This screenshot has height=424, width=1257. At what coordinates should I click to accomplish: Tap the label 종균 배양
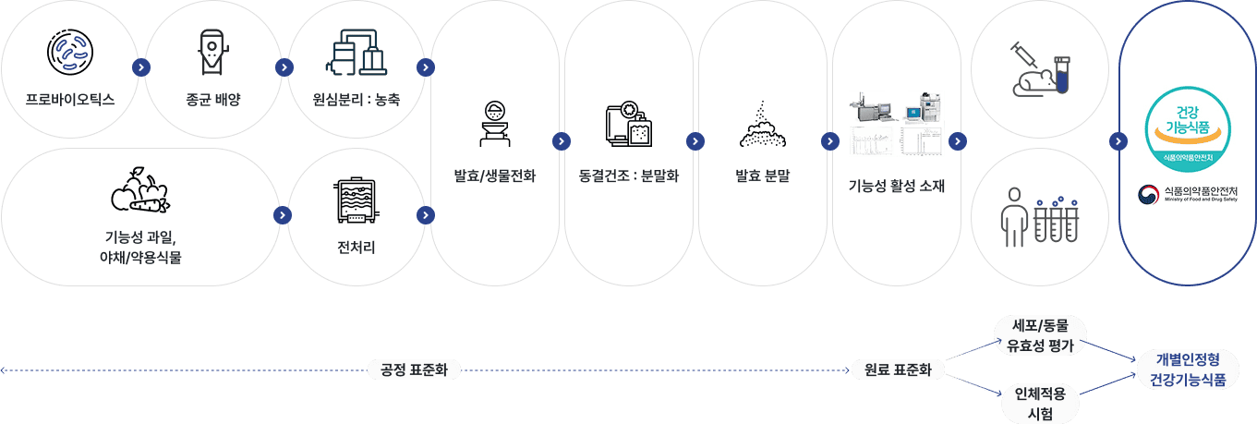click(212, 98)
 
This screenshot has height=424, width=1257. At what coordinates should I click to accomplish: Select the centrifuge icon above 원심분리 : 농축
click(356, 52)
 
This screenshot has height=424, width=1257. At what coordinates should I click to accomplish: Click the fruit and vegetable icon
click(139, 189)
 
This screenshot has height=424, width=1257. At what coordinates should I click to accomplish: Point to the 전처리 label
click(356, 247)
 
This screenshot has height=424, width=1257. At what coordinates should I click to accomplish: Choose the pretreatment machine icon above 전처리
click(356, 200)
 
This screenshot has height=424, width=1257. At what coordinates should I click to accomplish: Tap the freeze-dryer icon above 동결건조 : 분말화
click(628, 125)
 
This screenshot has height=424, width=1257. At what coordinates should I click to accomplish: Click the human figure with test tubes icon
click(1040, 216)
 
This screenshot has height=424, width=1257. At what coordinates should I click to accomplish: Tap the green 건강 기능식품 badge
click(1187, 129)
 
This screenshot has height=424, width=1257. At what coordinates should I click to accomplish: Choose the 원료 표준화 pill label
click(897, 370)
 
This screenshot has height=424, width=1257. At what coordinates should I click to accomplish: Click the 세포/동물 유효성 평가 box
click(1041, 336)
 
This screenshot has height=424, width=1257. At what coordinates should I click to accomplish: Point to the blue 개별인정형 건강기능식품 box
click(1188, 369)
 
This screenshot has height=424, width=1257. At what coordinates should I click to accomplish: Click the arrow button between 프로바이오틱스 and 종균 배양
click(140, 67)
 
